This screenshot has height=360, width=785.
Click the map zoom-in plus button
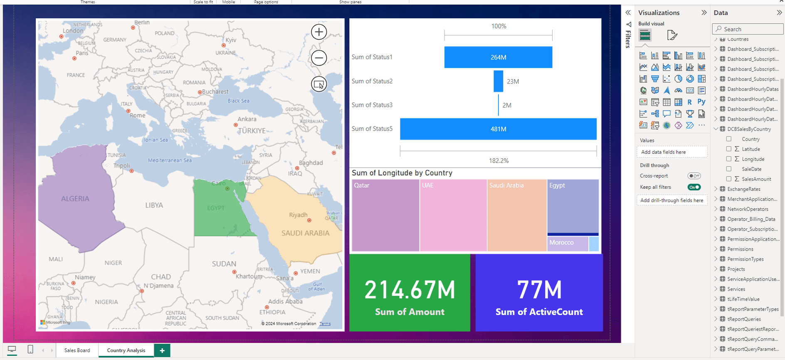[x=319, y=32]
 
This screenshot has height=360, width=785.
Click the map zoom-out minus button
[x=319, y=58]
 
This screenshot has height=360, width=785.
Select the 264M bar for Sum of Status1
[x=498, y=57]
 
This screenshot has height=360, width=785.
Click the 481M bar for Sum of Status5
[x=498, y=129]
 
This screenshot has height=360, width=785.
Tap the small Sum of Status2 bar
[x=498, y=81]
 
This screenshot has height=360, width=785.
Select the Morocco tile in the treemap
[x=568, y=244]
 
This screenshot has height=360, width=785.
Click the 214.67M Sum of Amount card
[x=410, y=293]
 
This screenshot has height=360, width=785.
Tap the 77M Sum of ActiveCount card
[x=539, y=293]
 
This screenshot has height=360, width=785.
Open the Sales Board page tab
[x=77, y=350]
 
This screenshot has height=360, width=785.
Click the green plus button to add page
[x=162, y=350]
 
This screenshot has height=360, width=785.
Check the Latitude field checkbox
[x=729, y=149]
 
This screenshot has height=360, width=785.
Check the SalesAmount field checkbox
[x=729, y=179]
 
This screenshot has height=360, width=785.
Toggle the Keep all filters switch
[x=694, y=187]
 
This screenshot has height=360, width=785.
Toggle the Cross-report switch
[x=694, y=176]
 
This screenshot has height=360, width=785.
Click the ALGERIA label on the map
[x=75, y=199]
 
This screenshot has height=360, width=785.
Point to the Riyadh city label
[x=298, y=215]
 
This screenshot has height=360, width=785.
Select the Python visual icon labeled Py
[x=701, y=102]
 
